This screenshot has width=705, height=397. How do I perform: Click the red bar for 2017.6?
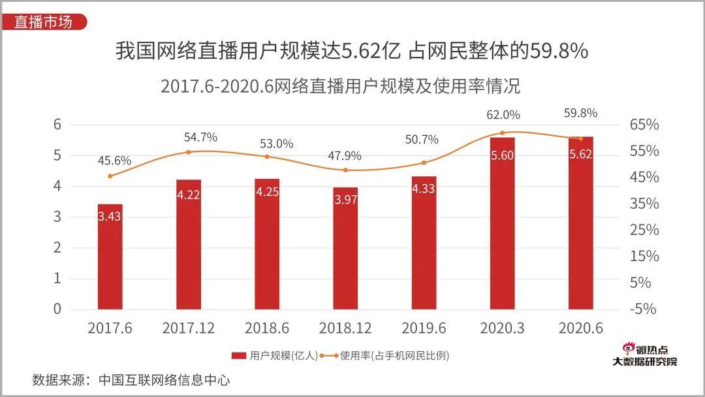[x=110, y=257]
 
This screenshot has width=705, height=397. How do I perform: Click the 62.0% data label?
[x=503, y=115]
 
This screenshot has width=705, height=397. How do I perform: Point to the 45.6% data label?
[x=114, y=161]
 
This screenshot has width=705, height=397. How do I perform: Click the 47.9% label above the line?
[x=344, y=156]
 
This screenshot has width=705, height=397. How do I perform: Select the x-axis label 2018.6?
[x=266, y=328]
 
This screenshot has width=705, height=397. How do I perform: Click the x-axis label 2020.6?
[x=580, y=328]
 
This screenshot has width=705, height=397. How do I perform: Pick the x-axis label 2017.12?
[x=188, y=328]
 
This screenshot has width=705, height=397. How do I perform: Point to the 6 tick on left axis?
[x=57, y=125]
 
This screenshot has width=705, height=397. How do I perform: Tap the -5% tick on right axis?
[x=643, y=309]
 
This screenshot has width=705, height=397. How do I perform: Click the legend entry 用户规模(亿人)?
[x=275, y=356]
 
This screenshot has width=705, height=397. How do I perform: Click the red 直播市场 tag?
[x=43, y=22]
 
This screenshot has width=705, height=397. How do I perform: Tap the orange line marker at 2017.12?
[x=189, y=152]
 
